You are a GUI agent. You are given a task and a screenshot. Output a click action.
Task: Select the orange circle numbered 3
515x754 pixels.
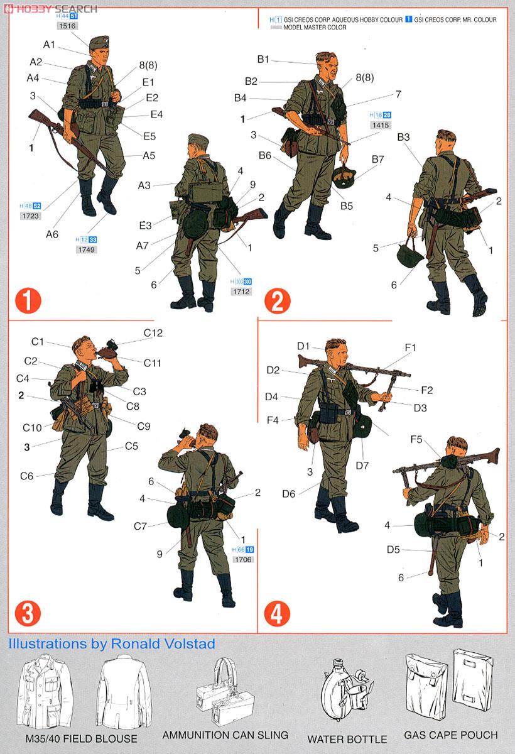(x=27, y=612)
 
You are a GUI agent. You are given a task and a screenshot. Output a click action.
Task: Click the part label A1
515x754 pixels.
(x=50, y=44)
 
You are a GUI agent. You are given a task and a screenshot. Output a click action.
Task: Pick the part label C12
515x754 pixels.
(x=153, y=333)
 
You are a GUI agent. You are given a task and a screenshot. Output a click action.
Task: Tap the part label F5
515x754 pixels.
(x=416, y=439)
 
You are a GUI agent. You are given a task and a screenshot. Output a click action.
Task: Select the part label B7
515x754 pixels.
(x=377, y=160)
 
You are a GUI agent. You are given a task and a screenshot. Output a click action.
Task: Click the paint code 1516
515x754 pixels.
(x=67, y=26)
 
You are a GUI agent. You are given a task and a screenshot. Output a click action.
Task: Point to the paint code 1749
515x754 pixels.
(x=86, y=249)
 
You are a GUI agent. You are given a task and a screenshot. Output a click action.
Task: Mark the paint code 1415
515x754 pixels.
(x=381, y=125)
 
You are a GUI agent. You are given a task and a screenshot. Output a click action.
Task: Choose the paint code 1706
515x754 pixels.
(x=242, y=559)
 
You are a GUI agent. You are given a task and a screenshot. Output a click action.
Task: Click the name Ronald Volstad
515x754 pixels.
(x=163, y=643)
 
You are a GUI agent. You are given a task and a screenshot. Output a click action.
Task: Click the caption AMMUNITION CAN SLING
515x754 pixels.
(x=225, y=735)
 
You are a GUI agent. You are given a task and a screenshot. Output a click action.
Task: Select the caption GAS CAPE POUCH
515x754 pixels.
(x=450, y=735)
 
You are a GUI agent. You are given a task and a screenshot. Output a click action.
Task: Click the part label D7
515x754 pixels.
(x=362, y=466)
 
